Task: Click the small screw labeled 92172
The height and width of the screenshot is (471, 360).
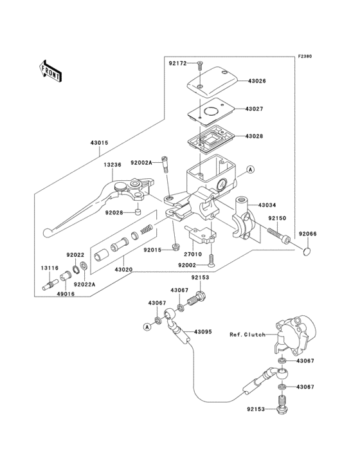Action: point(200,64)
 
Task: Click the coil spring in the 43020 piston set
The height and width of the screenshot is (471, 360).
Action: point(146,228)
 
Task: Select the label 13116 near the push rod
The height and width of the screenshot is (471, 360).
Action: point(51,267)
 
